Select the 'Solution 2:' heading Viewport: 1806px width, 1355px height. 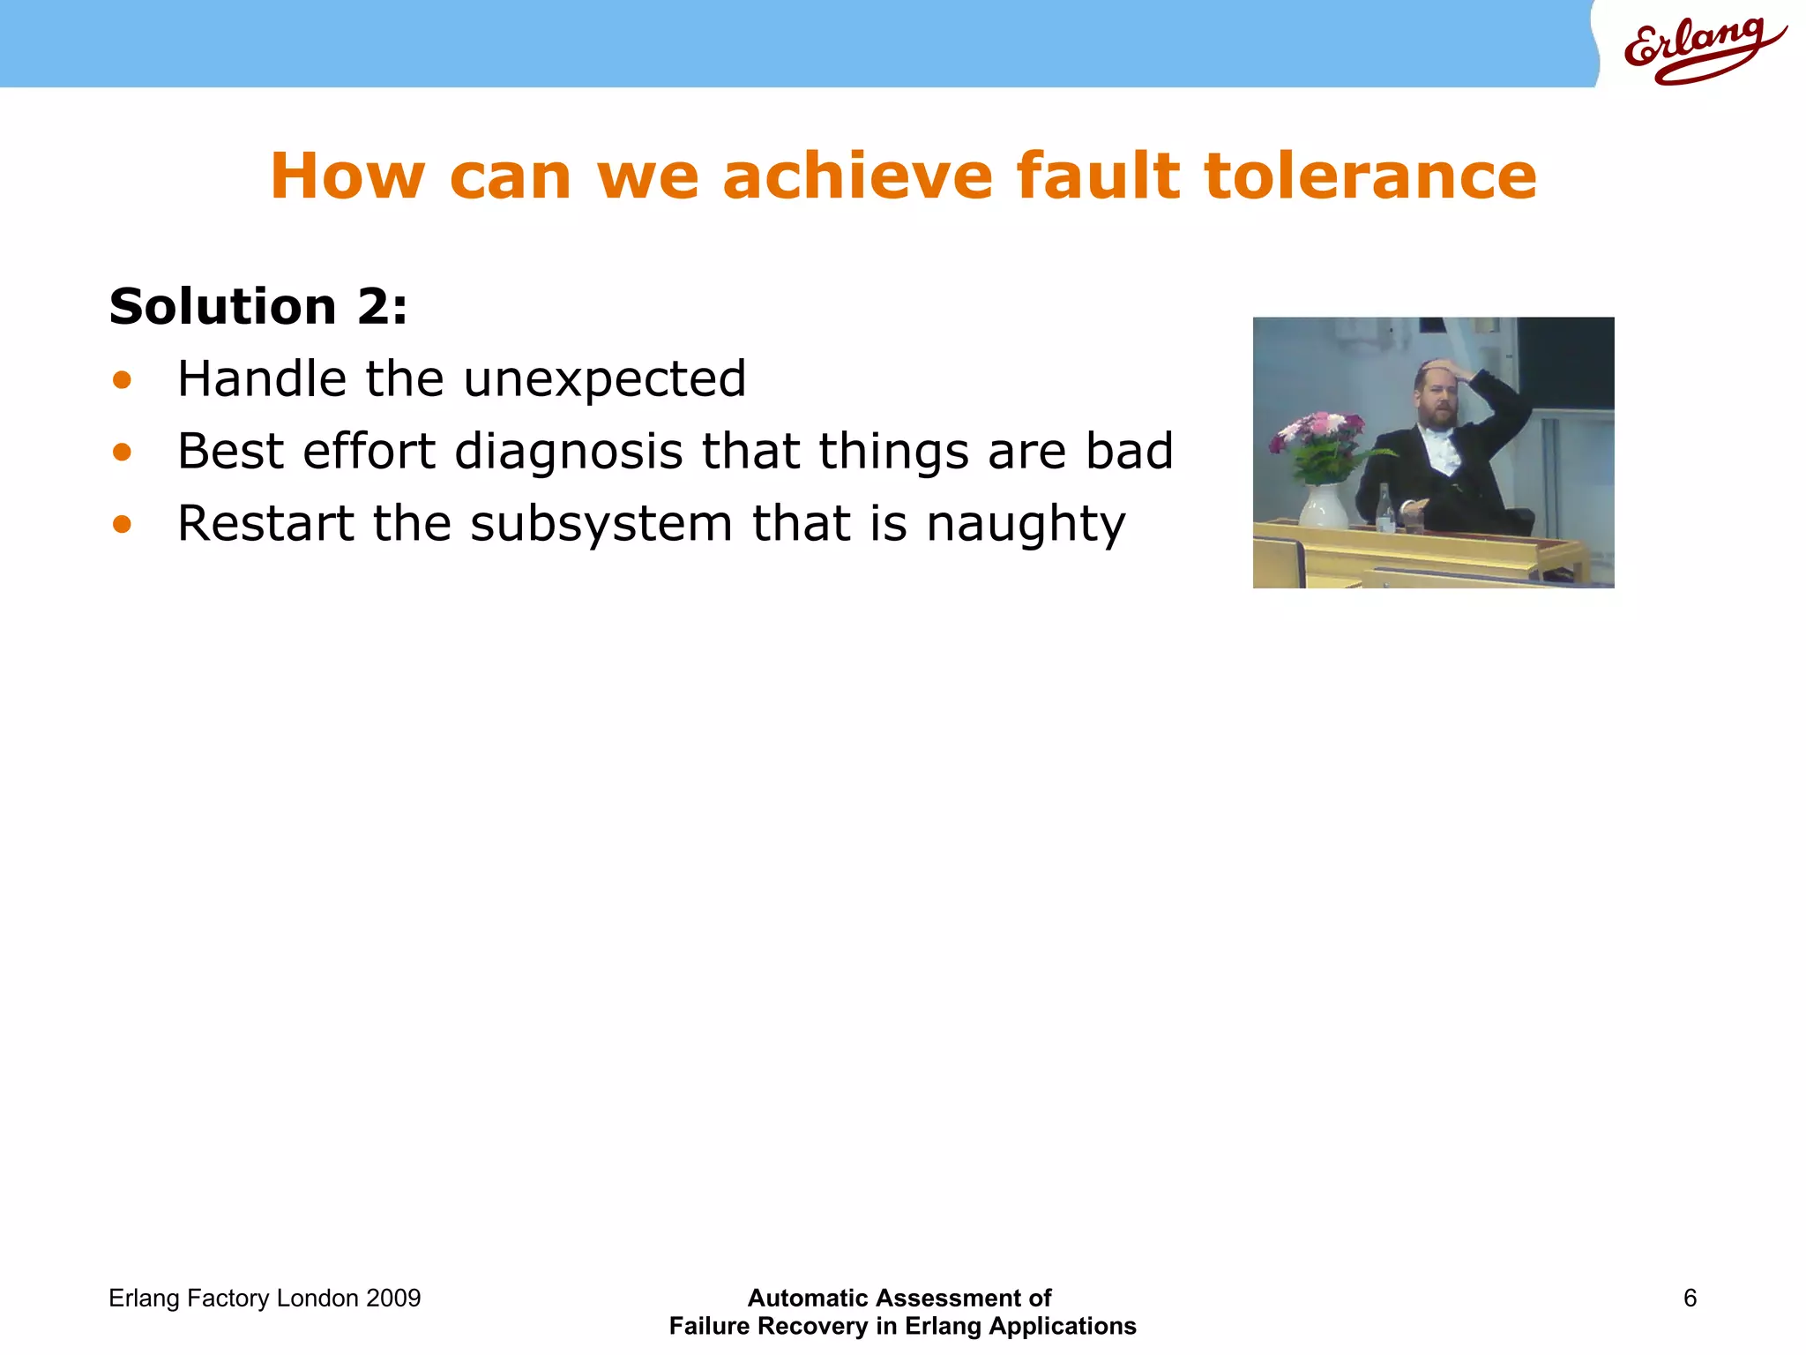[258, 307]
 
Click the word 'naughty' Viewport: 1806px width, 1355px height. [1026, 524]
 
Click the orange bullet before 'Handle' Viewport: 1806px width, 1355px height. [122, 381]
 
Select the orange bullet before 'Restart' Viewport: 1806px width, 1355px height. [122, 525]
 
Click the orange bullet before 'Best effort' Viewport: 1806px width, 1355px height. [122, 453]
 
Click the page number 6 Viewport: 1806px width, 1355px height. [1690, 1298]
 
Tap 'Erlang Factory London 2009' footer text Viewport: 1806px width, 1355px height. [265, 1298]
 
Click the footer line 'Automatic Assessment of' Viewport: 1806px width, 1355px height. [899, 1298]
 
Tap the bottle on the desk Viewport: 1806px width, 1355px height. [1385, 509]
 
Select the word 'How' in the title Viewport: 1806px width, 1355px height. [347, 176]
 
